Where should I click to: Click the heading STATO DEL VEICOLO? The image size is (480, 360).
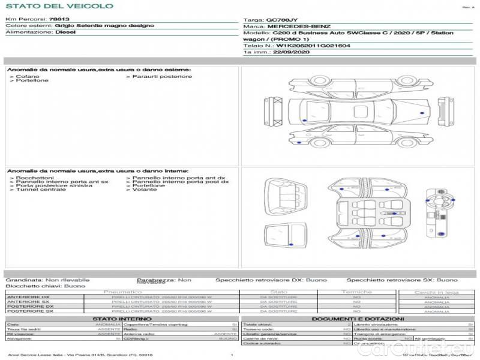[x=59, y=6]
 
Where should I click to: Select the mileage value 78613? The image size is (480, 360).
[x=59, y=19]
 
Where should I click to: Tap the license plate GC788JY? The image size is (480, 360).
[x=281, y=20]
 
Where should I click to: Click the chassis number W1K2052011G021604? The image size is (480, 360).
[x=314, y=46]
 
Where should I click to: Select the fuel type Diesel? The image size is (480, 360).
[x=65, y=32]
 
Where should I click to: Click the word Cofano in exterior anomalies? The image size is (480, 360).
[x=28, y=76]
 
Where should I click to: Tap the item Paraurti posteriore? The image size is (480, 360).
[x=162, y=76]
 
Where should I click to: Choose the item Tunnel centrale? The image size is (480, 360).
[x=37, y=190]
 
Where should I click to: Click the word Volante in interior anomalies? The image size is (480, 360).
[x=145, y=190]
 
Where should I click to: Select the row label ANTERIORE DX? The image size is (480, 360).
[x=28, y=296]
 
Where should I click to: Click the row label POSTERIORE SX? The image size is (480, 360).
[x=28, y=311]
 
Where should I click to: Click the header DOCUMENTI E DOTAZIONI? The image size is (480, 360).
[x=358, y=319]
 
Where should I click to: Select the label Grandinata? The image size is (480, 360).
[x=23, y=280]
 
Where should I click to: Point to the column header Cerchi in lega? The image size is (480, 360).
[x=436, y=292]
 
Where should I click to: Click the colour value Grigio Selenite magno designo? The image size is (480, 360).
[x=104, y=26]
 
